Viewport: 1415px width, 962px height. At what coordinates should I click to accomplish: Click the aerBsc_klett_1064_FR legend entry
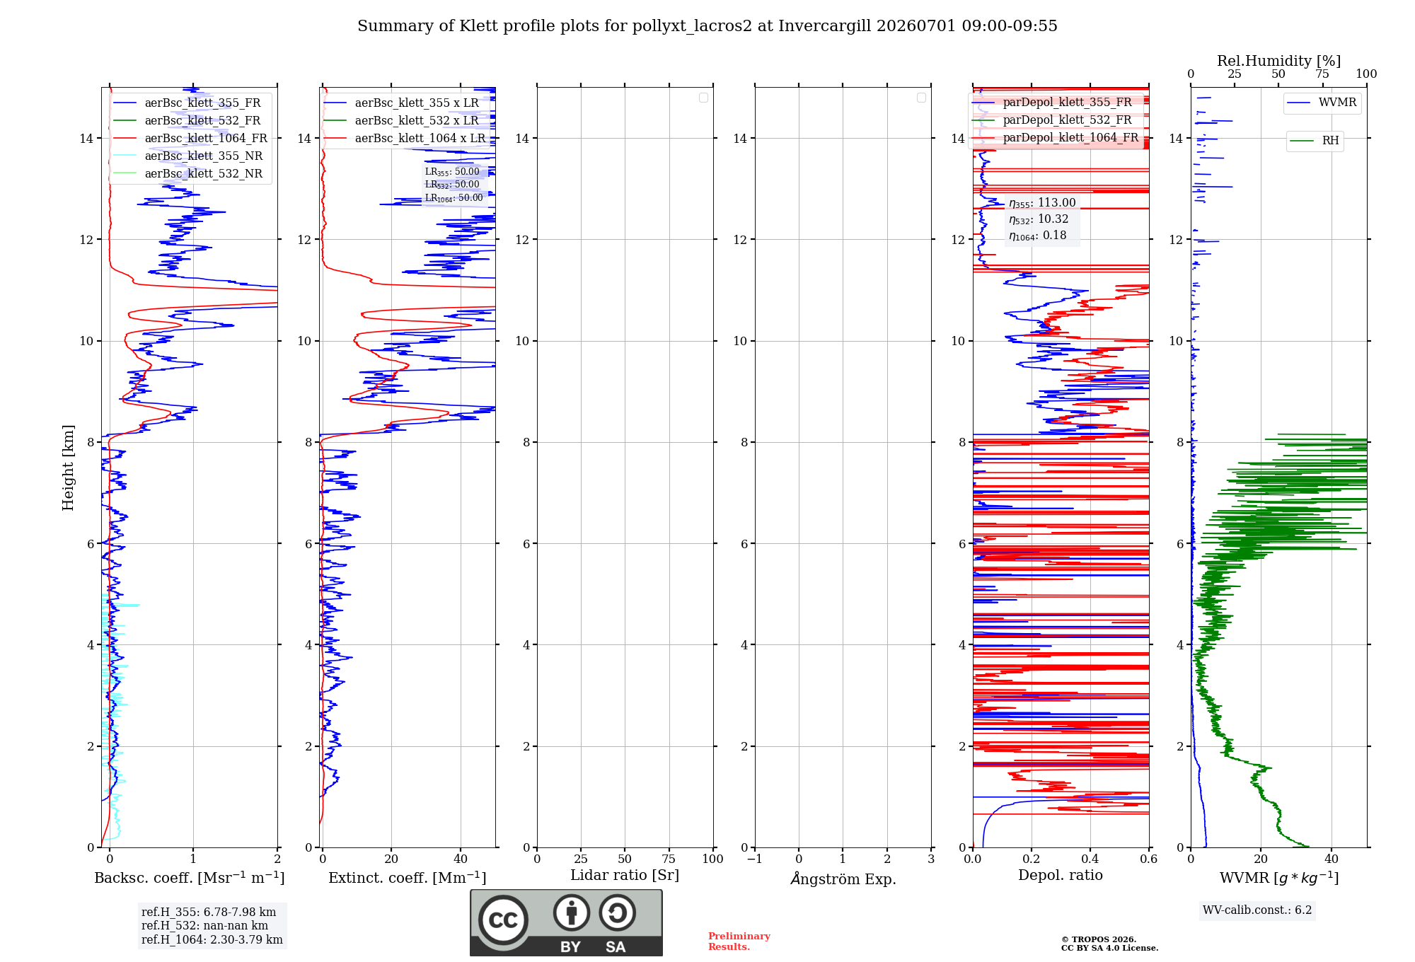coord(190,138)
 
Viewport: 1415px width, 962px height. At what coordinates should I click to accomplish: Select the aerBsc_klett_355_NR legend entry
coord(188,156)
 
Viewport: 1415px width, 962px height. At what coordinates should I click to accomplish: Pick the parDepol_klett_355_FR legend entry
coord(1052,102)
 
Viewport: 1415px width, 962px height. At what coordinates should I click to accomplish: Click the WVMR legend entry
coord(1322,103)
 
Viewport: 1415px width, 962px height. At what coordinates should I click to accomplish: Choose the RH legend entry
coord(1315,141)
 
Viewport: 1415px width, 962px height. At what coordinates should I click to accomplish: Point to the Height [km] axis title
coord(68,468)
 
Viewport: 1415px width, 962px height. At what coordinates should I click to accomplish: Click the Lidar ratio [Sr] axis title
coord(625,875)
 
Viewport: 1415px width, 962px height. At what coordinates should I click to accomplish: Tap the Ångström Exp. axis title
coord(843,878)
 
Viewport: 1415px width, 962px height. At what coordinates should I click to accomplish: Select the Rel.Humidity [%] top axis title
coord(1278,61)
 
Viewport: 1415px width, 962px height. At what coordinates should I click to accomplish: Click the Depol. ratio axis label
coord(1061,875)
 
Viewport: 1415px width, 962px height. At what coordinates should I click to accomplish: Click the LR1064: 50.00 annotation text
coord(454,198)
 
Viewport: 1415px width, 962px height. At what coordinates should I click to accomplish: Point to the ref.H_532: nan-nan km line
coord(204,925)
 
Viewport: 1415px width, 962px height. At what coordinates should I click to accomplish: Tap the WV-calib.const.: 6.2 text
coord(1257,910)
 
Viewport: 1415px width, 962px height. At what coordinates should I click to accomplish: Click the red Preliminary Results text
coord(739,941)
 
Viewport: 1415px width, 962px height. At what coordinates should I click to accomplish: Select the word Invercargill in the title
coord(824,26)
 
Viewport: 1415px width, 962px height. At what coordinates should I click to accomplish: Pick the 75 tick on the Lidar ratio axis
coord(669,859)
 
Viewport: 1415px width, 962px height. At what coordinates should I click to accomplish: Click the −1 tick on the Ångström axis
coord(754,859)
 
